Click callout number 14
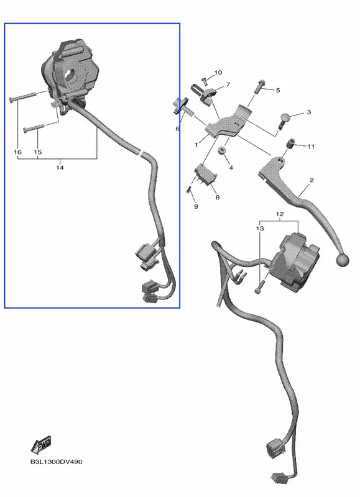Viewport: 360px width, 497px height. coord(60,167)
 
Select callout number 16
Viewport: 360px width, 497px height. coord(18,152)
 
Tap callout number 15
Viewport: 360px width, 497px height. coord(37,152)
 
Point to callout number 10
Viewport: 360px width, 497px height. coord(218,73)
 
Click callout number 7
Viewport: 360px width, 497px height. coord(228,84)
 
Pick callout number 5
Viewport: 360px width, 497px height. coord(278,90)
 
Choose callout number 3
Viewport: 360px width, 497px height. coord(309,112)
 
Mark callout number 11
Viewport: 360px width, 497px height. coord(310,146)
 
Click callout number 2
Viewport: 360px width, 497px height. coord(312,180)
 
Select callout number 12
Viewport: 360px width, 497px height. coord(279,214)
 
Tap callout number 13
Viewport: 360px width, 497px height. coord(260,228)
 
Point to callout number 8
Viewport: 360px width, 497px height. coord(218,197)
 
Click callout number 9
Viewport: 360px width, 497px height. coord(196,206)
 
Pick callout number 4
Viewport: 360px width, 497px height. coord(231,167)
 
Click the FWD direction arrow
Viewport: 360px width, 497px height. coord(41,445)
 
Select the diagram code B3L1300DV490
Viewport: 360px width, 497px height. coord(56,462)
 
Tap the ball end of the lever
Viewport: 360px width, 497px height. coord(342,260)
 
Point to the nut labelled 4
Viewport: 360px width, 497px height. coord(222,150)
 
